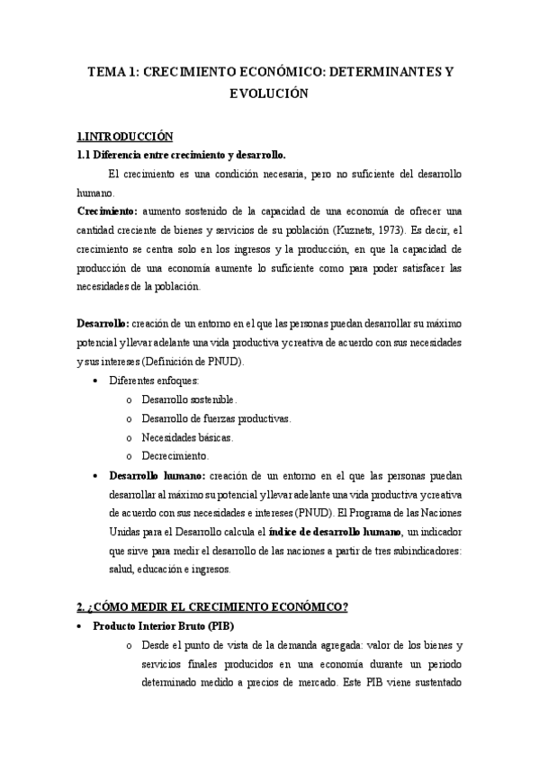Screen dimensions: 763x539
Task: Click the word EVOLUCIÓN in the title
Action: [x=269, y=93]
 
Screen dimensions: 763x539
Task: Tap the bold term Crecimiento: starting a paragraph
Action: [x=106, y=210]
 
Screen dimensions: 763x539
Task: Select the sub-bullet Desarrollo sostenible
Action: [x=189, y=399]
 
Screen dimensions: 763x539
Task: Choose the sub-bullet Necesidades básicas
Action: [x=187, y=437]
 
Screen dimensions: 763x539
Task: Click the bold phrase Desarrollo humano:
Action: [x=157, y=475]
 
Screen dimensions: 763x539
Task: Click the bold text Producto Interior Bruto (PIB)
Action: [x=172, y=626]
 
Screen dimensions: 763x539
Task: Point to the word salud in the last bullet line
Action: [x=121, y=570]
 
